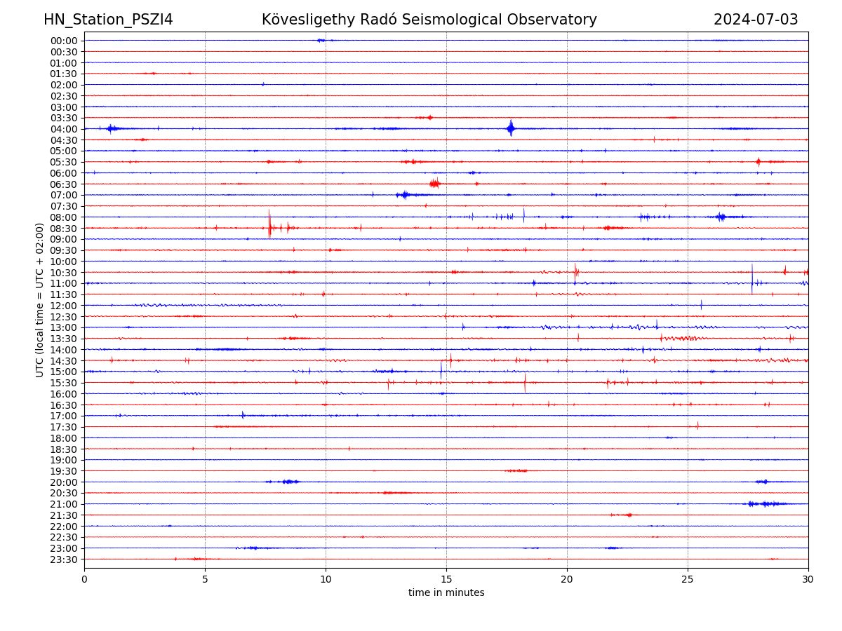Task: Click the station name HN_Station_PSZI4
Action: tap(108, 20)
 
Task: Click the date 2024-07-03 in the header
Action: tap(756, 20)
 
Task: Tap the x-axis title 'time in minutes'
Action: tap(446, 593)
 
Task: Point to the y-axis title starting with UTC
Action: tap(40, 299)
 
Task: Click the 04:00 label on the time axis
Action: tap(64, 129)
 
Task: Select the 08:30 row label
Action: tap(64, 229)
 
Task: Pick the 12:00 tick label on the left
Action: tap(64, 306)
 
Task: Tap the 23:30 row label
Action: tap(64, 559)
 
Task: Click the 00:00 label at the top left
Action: tap(64, 41)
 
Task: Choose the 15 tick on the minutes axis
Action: tap(446, 579)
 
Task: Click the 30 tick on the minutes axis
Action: tap(808, 579)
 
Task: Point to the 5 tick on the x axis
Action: tap(205, 579)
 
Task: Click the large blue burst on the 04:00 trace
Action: tap(511, 128)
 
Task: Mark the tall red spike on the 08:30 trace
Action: tap(269, 225)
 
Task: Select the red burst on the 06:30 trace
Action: tap(434, 184)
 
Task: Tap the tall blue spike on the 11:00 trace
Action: tap(752, 280)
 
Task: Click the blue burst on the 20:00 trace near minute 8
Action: tap(288, 482)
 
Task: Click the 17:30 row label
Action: tap(64, 427)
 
